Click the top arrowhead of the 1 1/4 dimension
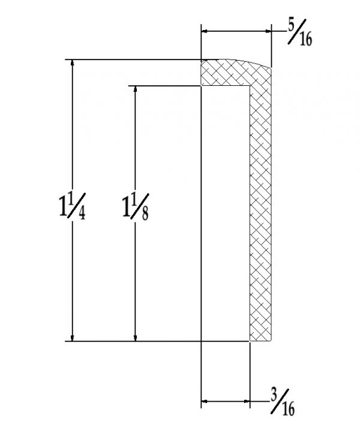tap(73, 62)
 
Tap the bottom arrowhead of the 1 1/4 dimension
tap(73, 338)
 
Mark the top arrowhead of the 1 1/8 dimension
tap(136, 89)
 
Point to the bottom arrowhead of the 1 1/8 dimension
tap(136, 338)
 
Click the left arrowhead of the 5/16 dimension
tap(204, 31)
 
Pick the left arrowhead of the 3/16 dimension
tap(204, 400)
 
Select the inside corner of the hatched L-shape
tap(250, 86)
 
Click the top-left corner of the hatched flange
tap(201, 59)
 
